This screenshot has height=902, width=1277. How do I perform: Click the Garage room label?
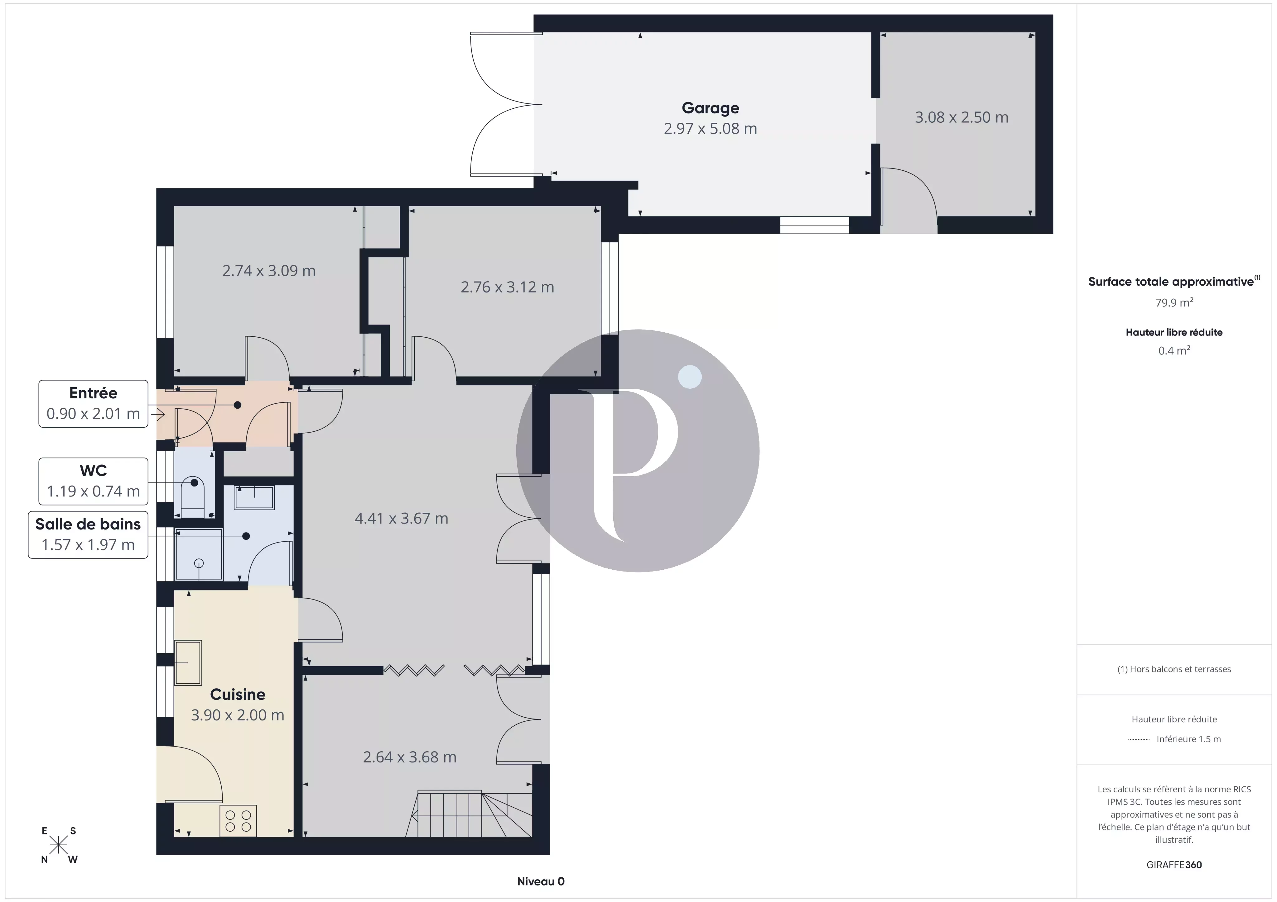[710, 108]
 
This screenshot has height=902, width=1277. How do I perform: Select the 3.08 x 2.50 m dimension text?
[961, 117]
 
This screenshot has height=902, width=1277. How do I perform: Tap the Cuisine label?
[238, 694]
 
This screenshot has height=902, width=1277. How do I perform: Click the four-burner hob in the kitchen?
[239, 821]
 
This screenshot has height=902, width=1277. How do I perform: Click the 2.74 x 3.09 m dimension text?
[269, 271]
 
